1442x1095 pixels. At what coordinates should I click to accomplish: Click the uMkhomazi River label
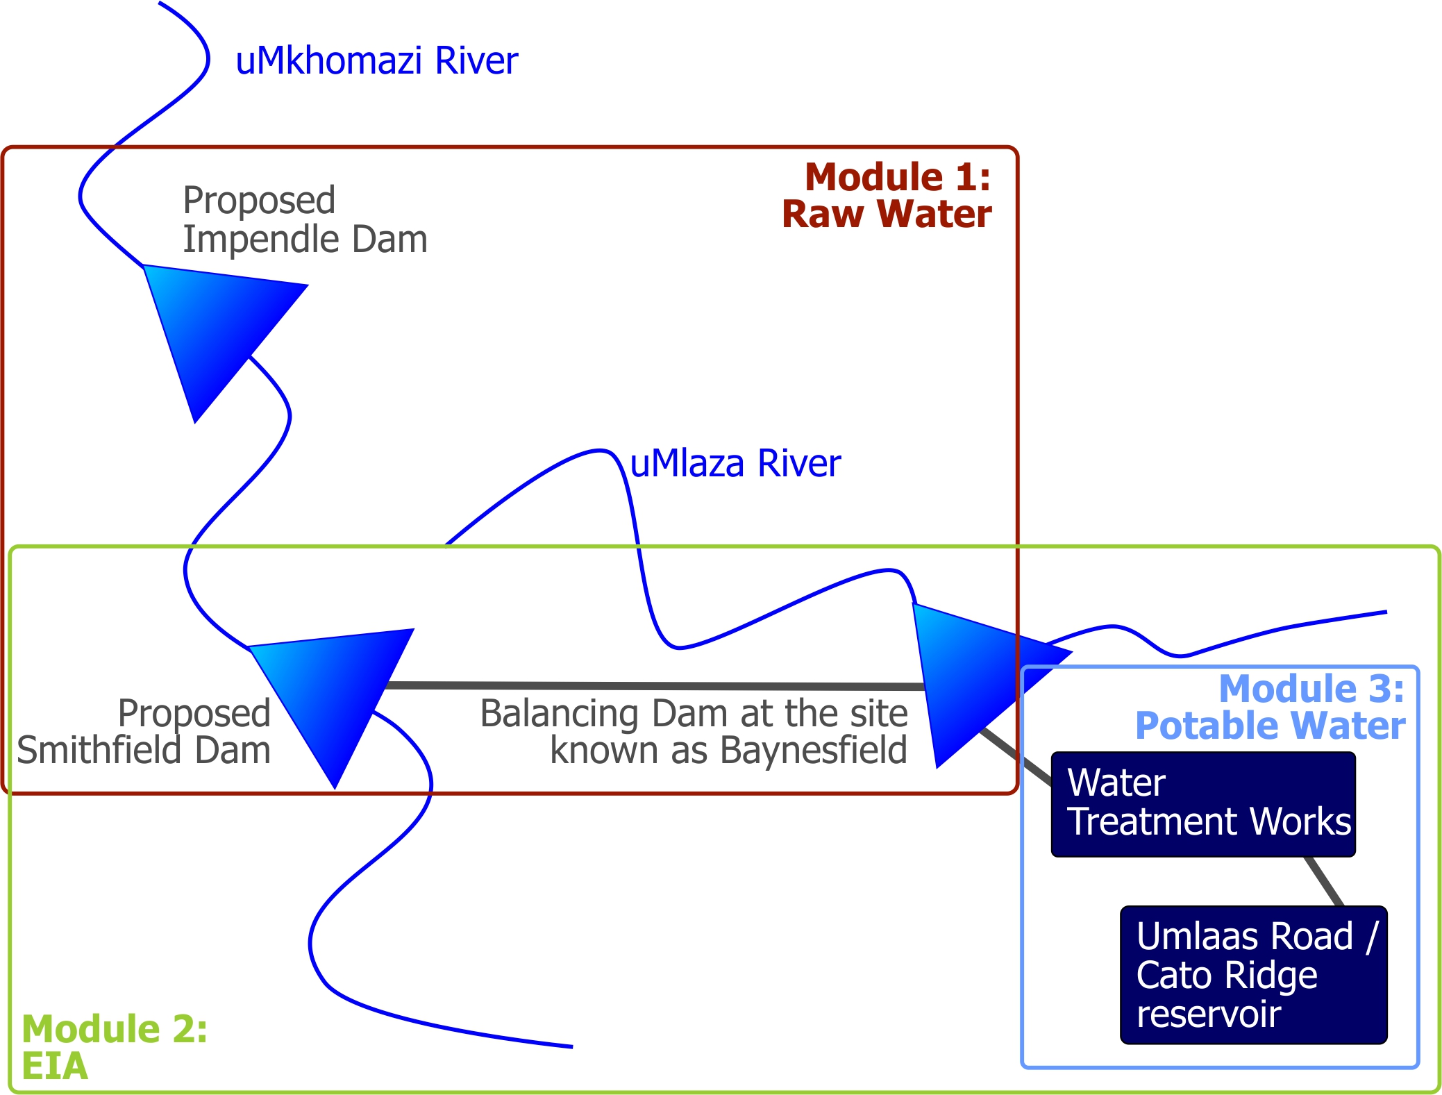pos(376,61)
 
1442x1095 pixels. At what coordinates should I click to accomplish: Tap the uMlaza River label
pos(735,464)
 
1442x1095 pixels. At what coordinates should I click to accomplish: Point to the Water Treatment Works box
pos(1203,804)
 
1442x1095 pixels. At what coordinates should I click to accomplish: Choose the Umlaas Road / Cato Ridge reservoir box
pos(1253,974)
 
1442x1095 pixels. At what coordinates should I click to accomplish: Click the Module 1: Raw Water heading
pos(887,195)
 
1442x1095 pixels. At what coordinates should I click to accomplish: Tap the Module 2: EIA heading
pos(115,1047)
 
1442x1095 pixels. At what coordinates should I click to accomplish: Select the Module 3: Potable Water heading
pos(1271,708)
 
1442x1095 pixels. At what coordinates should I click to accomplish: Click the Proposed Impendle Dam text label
pos(305,219)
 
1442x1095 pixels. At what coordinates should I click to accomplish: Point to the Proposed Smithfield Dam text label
pos(144,732)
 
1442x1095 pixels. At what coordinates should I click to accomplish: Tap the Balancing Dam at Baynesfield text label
pos(694,732)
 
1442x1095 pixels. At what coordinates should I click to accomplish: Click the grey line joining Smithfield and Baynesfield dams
pos(653,686)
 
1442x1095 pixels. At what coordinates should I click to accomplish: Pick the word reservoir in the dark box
pos(1208,1014)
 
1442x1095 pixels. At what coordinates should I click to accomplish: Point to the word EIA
pos(55,1067)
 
